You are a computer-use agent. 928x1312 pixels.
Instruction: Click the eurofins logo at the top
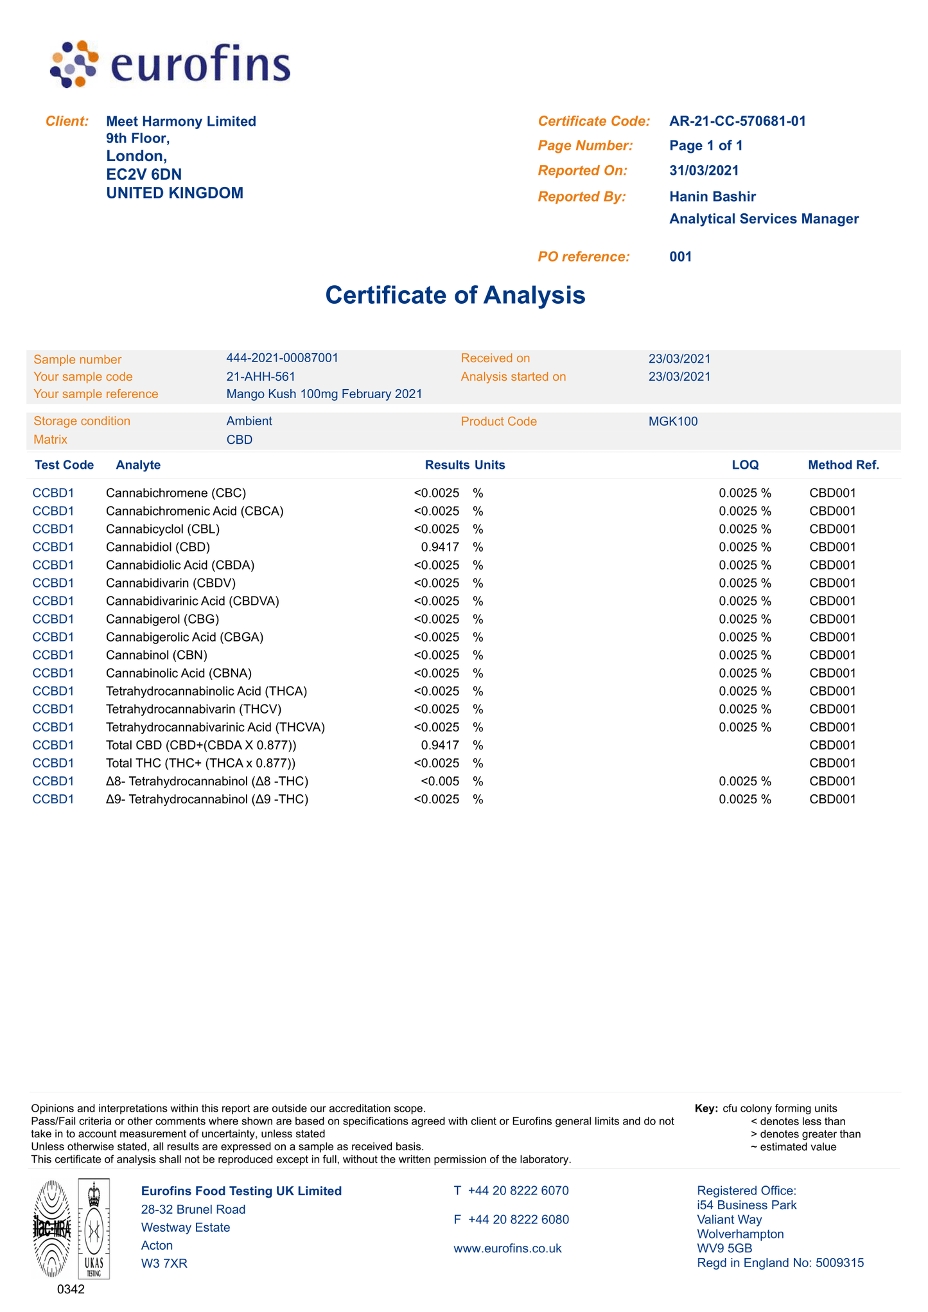170,64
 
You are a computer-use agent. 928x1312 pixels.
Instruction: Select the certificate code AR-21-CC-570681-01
737,121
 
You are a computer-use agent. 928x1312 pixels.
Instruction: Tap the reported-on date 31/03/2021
704,171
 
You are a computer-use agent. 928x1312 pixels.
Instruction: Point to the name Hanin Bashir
712,197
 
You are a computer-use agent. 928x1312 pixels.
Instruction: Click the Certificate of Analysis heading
455,295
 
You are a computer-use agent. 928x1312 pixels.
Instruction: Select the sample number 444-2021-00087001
282,358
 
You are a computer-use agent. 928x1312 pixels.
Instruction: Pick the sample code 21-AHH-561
261,376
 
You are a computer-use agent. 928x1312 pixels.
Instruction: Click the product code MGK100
673,422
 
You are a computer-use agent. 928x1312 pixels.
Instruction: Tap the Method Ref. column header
843,465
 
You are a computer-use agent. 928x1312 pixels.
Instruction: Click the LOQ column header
745,465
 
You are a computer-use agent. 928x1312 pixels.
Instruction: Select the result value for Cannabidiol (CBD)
440,547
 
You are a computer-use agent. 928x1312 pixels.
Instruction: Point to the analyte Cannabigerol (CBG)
162,619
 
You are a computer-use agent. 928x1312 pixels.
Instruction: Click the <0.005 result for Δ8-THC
440,782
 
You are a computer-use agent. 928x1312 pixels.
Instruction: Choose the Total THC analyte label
200,764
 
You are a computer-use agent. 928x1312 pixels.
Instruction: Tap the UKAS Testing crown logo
94,1229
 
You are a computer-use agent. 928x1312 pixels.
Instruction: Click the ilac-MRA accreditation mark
52,1229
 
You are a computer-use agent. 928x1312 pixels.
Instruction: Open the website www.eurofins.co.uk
507,1248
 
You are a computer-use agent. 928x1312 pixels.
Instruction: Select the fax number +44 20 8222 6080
518,1220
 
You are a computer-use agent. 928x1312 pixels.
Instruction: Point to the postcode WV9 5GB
724,1248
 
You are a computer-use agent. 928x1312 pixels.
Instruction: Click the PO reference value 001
681,257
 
